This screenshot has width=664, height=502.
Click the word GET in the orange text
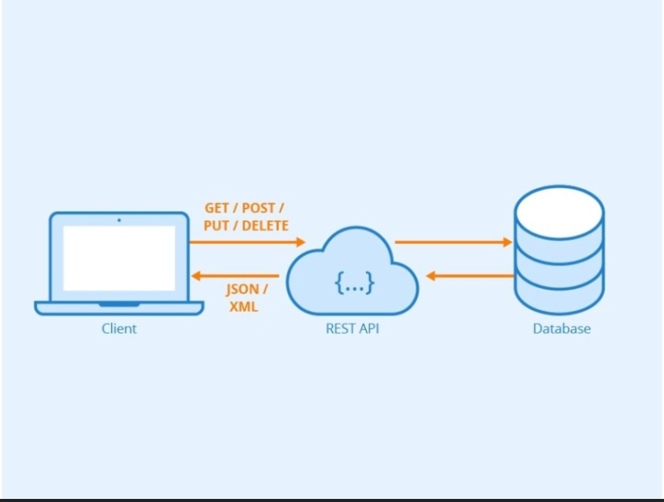pyautogui.click(x=217, y=208)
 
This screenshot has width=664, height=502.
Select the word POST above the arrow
pyautogui.click(x=258, y=208)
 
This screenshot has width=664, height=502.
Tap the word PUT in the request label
pyautogui.click(x=216, y=226)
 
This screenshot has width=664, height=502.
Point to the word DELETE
pyautogui.click(x=265, y=226)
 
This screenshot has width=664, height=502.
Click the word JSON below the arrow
pyautogui.click(x=242, y=290)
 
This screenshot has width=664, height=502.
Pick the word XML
pyautogui.click(x=243, y=307)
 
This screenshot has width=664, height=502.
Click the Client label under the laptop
pyautogui.click(x=119, y=329)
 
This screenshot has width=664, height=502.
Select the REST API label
pyautogui.click(x=352, y=329)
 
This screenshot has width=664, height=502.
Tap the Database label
pyautogui.click(x=561, y=329)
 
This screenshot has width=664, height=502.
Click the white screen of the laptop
pyautogui.click(x=119, y=259)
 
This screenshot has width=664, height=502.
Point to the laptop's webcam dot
pyautogui.click(x=119, y=220)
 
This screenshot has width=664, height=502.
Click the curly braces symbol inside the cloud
pyautogui.click(x=354, y=283)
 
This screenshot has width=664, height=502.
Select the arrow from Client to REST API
pyautogui.click(x=247, y=243)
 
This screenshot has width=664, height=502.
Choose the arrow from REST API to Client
pyautogui.click(x=235, y=276)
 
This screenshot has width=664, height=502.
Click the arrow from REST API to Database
pyautogui.click(x=453, y=243)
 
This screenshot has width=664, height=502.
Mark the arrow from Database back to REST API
pyautogui.click(x=470, y=276)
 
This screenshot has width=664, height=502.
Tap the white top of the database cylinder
pyautogui.click(x=560, y=212)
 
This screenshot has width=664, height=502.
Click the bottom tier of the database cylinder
pyautogui.click(x=560, y=297)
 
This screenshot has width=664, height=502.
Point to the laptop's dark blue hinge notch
pyautogui.click(x=119, y=304)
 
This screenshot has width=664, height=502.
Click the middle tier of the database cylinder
pyautogui.click(x=560, y=265)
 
